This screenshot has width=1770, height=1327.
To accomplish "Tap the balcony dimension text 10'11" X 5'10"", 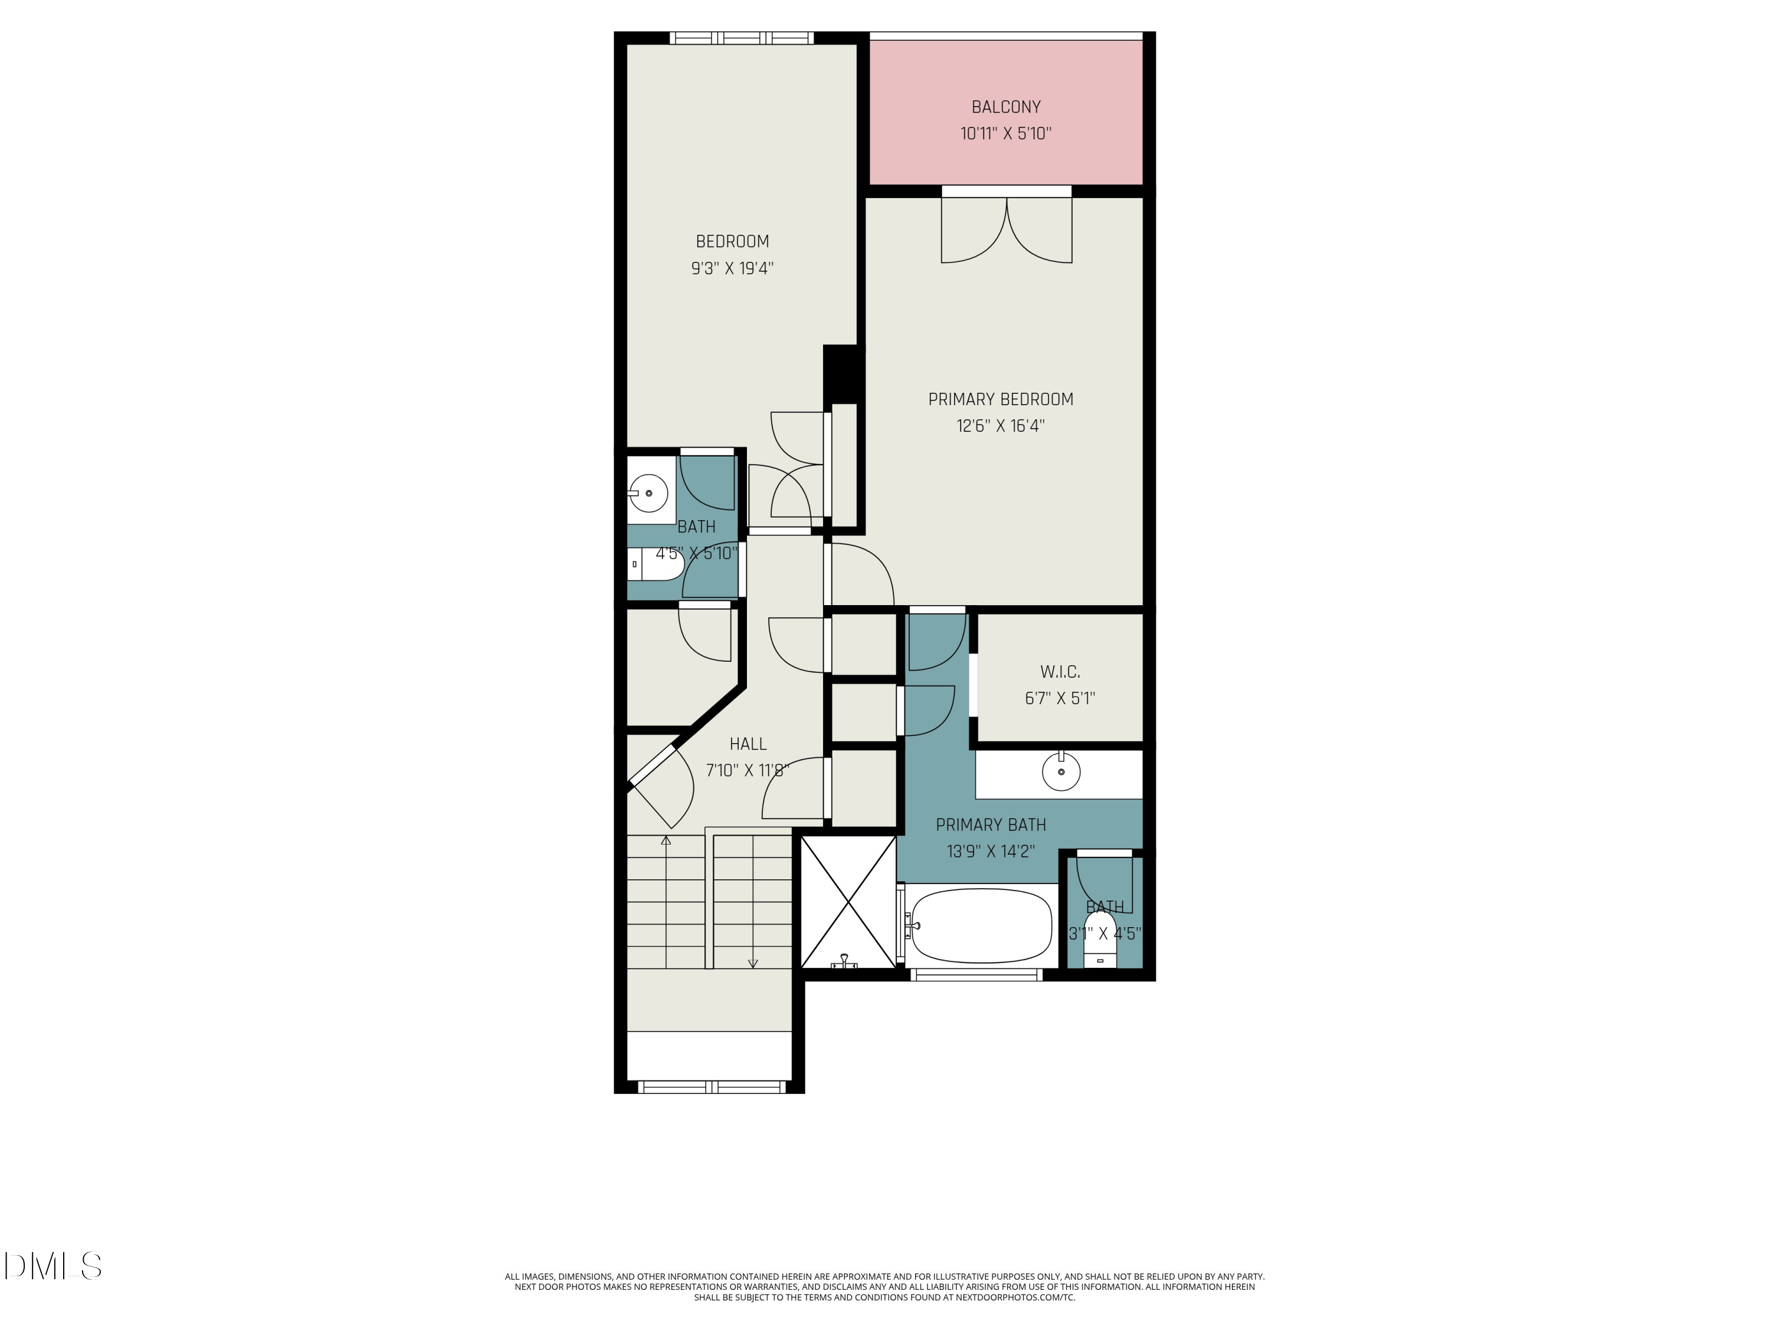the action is point(1006,133).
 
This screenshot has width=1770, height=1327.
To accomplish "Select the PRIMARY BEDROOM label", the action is point(1000,399).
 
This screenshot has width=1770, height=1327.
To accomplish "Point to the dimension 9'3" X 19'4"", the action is point(732,268).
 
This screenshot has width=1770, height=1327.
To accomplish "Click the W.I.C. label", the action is point(1060,672).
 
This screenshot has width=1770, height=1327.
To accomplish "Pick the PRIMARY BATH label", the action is point(991,825).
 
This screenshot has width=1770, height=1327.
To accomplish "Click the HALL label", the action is point(748,744).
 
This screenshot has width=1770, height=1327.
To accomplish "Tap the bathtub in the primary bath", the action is point(981,927).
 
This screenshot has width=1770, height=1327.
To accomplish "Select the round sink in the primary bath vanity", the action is point(1061,773).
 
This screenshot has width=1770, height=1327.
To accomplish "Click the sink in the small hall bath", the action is point(649,492).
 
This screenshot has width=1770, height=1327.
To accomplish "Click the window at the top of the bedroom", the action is point(742,38).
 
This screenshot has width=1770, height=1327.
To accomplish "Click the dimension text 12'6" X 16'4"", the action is point(1000,426).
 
